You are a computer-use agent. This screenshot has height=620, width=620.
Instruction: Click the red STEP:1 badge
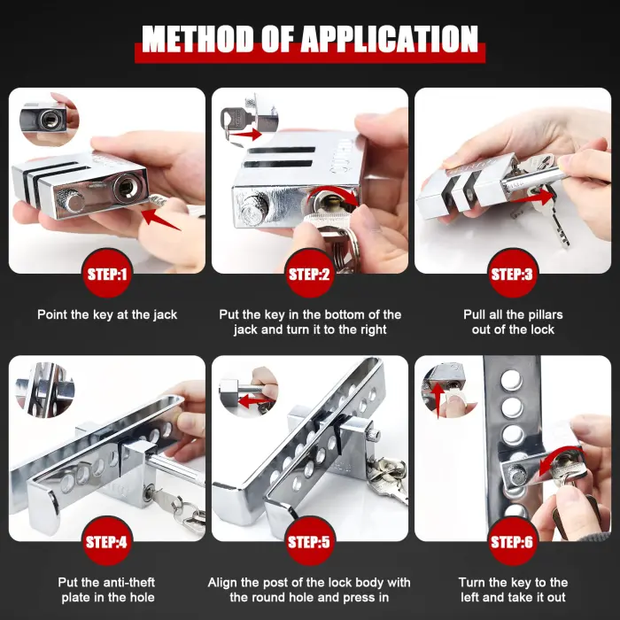coord(107,274)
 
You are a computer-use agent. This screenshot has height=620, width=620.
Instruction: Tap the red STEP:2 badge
coord(309,274)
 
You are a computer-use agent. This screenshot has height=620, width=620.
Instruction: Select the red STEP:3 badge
coord(512,274)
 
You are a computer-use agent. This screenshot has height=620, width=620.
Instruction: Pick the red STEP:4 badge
coord(107,541)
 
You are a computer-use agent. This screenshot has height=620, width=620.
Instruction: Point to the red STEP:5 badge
coord(309,541)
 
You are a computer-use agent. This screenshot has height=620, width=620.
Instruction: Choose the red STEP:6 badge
coord(512,541)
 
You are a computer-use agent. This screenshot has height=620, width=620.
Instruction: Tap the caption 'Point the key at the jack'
coord(107,314)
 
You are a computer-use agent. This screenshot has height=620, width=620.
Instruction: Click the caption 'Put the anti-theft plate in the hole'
coord(107,590)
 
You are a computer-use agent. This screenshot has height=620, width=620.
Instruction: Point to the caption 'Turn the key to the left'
coord(513,582)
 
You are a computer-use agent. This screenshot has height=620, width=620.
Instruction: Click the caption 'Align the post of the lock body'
coord(309,582)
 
